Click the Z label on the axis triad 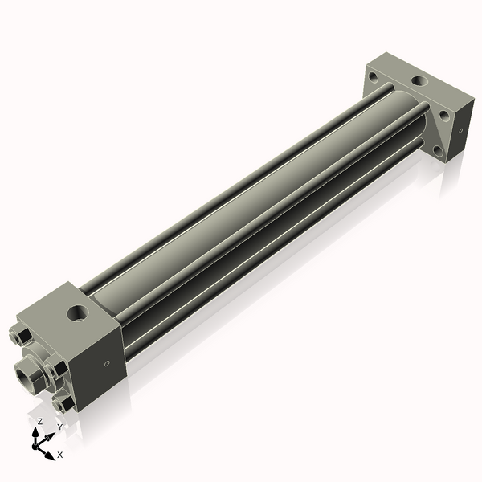coord(40,420)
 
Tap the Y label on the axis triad coord(59,427)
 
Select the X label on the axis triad coord(60,455)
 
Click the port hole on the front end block coord(80,309)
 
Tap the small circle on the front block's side coord(108,362)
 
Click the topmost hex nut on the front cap coord(24,336)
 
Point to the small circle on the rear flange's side coord(461,129)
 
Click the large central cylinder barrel coord(241,201)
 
